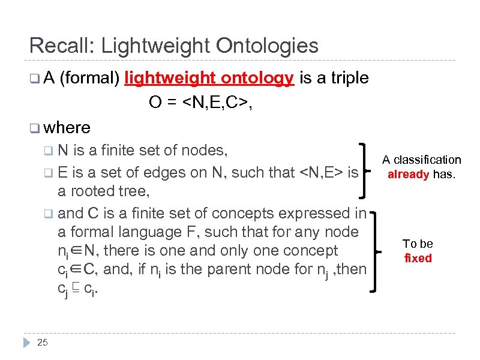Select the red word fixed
[418, 259]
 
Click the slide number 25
[42, 343]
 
